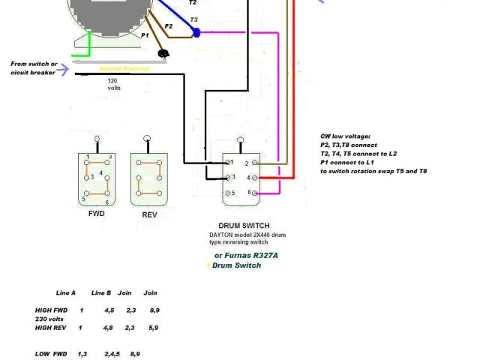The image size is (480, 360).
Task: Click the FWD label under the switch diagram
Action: coord(96,214)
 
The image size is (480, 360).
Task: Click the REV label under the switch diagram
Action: coord(149,214)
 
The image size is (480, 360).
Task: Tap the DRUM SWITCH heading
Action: coord(244,226)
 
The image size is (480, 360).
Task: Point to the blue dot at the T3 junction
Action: coord(196,33)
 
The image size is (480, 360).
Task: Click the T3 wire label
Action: coord(194,19)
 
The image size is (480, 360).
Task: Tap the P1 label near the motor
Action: coord(145,35)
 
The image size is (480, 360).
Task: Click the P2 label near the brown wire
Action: coord(169,27)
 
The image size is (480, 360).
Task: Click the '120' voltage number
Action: coord(113,79)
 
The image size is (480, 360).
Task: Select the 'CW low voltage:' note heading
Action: coord(345,136)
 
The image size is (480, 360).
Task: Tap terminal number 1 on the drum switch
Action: coord(232,163)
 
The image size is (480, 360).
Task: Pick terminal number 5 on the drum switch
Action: coord(232,193)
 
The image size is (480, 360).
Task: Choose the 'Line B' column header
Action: coord(102,292)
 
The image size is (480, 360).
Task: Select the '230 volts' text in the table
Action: coord(51,319)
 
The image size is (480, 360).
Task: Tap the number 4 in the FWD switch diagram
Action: coord(100,173)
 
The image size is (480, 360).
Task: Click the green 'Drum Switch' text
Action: coord(237,265)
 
